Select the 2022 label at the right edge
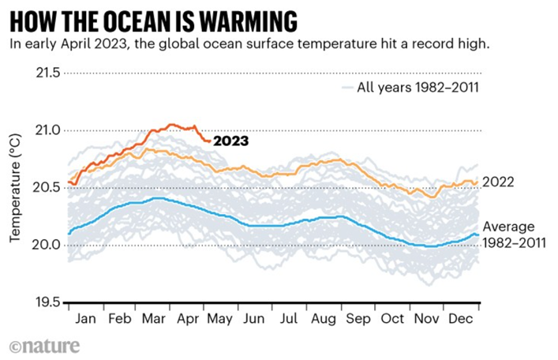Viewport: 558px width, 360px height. pos(499,182)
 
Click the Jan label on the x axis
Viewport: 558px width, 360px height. pos(86,319)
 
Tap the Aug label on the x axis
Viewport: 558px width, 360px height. pos(323,319)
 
